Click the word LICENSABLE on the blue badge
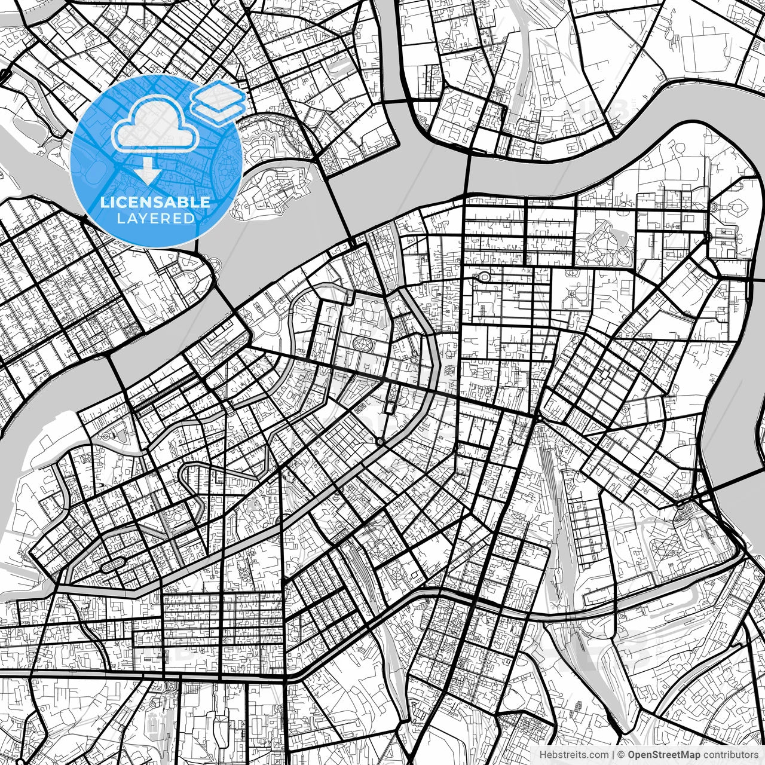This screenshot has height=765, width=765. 155,203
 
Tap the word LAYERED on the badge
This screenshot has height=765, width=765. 155,218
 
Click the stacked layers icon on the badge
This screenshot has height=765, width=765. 219,102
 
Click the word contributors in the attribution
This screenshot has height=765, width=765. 725,755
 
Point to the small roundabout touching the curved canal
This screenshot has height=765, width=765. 380,442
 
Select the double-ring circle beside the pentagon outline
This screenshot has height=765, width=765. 714,208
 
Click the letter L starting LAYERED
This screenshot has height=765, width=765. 120,218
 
